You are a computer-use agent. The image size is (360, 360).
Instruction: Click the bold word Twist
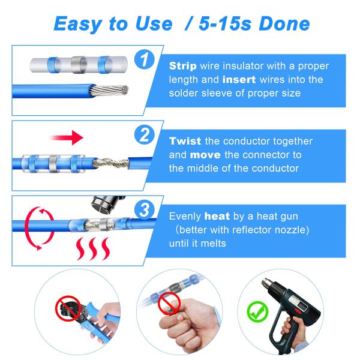click(x=185, y=142)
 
